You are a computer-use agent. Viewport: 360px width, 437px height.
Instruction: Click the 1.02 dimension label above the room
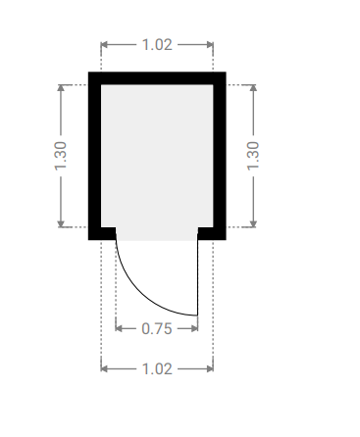coord(157,44)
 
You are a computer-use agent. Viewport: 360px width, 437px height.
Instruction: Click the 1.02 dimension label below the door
coord(157,369)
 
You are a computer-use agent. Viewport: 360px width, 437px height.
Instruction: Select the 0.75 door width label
coord(157,328)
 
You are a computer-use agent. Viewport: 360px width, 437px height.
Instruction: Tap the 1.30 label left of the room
coord(61,156)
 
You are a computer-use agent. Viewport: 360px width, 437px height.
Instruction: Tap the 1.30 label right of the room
coord(253,156)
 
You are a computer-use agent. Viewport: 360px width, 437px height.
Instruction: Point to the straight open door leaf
coord(197,272)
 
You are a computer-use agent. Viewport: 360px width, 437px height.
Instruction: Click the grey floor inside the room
coord(157,156)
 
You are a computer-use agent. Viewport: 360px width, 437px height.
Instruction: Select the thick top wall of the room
coord(157,78)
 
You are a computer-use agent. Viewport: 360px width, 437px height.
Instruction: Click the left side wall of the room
coord(94,156)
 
